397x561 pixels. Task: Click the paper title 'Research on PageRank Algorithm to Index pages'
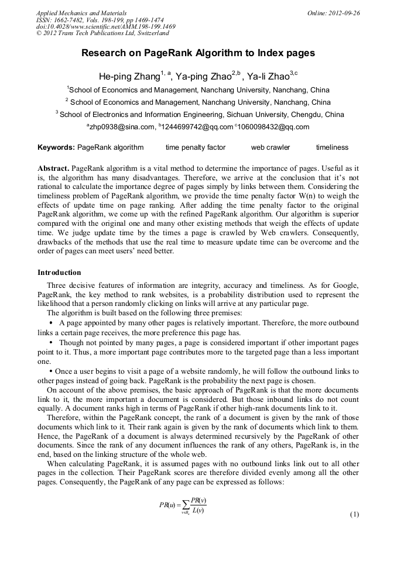click(x=198, y=53)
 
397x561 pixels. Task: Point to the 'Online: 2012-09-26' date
click(x=333, y=13)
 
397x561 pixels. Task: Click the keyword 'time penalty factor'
click(x=195, y=147)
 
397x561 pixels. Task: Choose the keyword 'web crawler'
click(x=271, y=147)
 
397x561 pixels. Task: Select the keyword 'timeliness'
click(x=332, y=147)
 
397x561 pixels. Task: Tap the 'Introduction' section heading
click(x=59, y=273)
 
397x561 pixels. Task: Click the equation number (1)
click(x=354, y=514)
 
